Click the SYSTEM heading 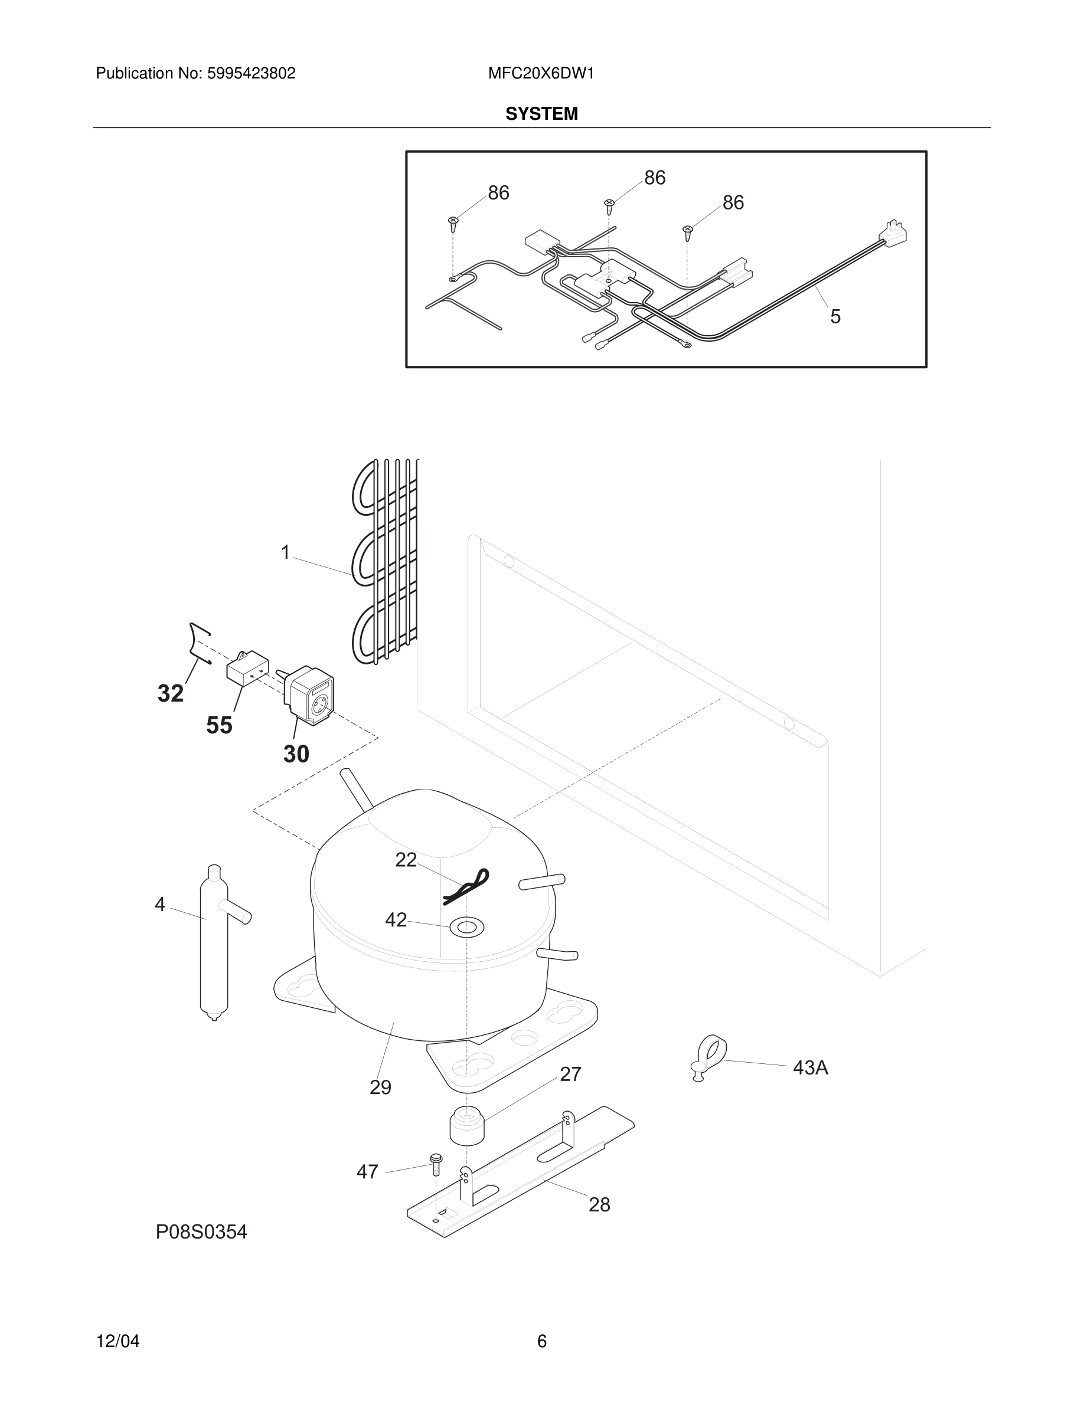tap(541, 114)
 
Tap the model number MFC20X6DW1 tap(541, 73)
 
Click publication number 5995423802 tap(250, 73)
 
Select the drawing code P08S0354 tap(201, 1232)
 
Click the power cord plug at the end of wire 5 tap(895, 232)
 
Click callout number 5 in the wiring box tap(835, 316)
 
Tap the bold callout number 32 tap(170, 693)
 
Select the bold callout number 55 tap(219, 725)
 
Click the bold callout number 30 tap(296, 754)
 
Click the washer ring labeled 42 tap(466, 926)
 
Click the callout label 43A tap(811, 1067)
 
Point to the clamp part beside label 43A tap(710, 1054)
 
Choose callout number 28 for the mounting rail tap(599, 1204)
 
